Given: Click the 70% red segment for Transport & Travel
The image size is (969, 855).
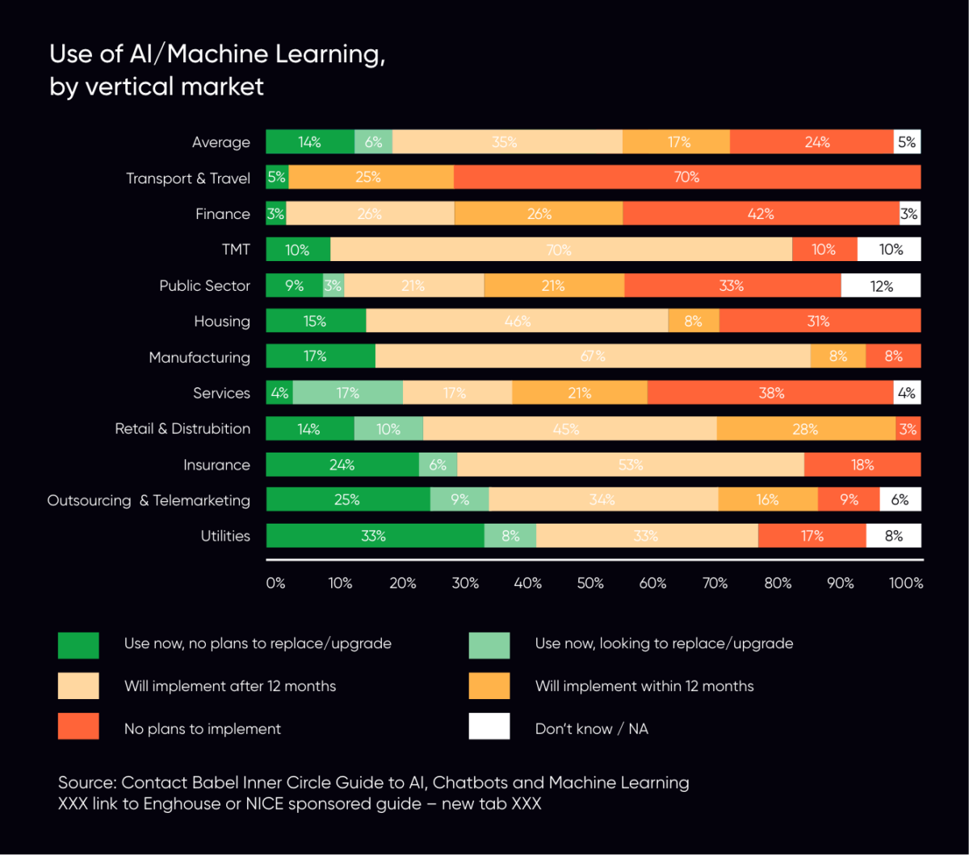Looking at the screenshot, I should click(x=686, y=177).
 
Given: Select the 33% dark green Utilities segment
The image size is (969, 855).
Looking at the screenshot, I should click(x=375, y=536).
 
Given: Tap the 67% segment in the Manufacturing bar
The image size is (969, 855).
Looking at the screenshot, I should click(x=593, y=356).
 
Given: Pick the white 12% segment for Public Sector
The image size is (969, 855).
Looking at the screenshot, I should click(x=881, y=285).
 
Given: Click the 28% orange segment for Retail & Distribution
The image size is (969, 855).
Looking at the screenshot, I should click(x=805, y=428).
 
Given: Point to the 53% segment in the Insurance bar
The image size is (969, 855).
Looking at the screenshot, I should click(x=630, y=465).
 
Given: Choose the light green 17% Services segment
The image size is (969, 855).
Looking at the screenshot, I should click(x=348, y=393).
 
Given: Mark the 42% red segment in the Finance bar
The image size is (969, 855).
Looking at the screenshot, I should click(x=761, y=213).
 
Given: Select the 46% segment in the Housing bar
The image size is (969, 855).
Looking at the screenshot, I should click(x=517, y=321).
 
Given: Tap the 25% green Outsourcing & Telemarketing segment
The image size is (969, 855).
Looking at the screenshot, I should click(x=347, y=500).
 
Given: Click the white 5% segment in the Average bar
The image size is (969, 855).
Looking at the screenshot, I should click(x=907, y=142).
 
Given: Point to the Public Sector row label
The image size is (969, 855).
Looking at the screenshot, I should click(x=204, y=286).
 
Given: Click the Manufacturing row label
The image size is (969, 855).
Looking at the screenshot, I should click(x=199, y=357).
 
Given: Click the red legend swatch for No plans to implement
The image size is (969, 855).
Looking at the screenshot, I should click(x=78, y=726).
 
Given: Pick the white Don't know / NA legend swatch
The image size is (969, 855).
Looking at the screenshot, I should click(x=489, y=726).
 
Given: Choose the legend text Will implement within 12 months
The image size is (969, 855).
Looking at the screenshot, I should click(x=644, y=686).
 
